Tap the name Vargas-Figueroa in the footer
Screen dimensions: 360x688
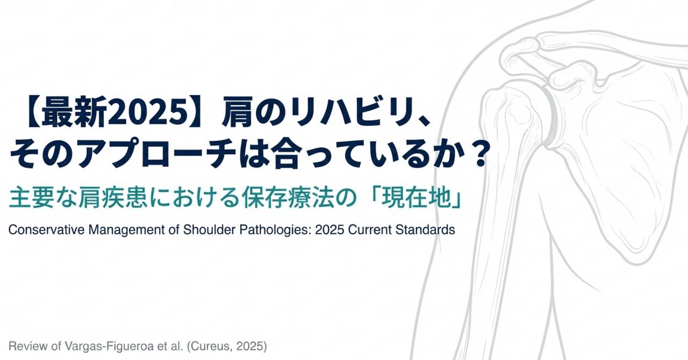coord(100,344)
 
